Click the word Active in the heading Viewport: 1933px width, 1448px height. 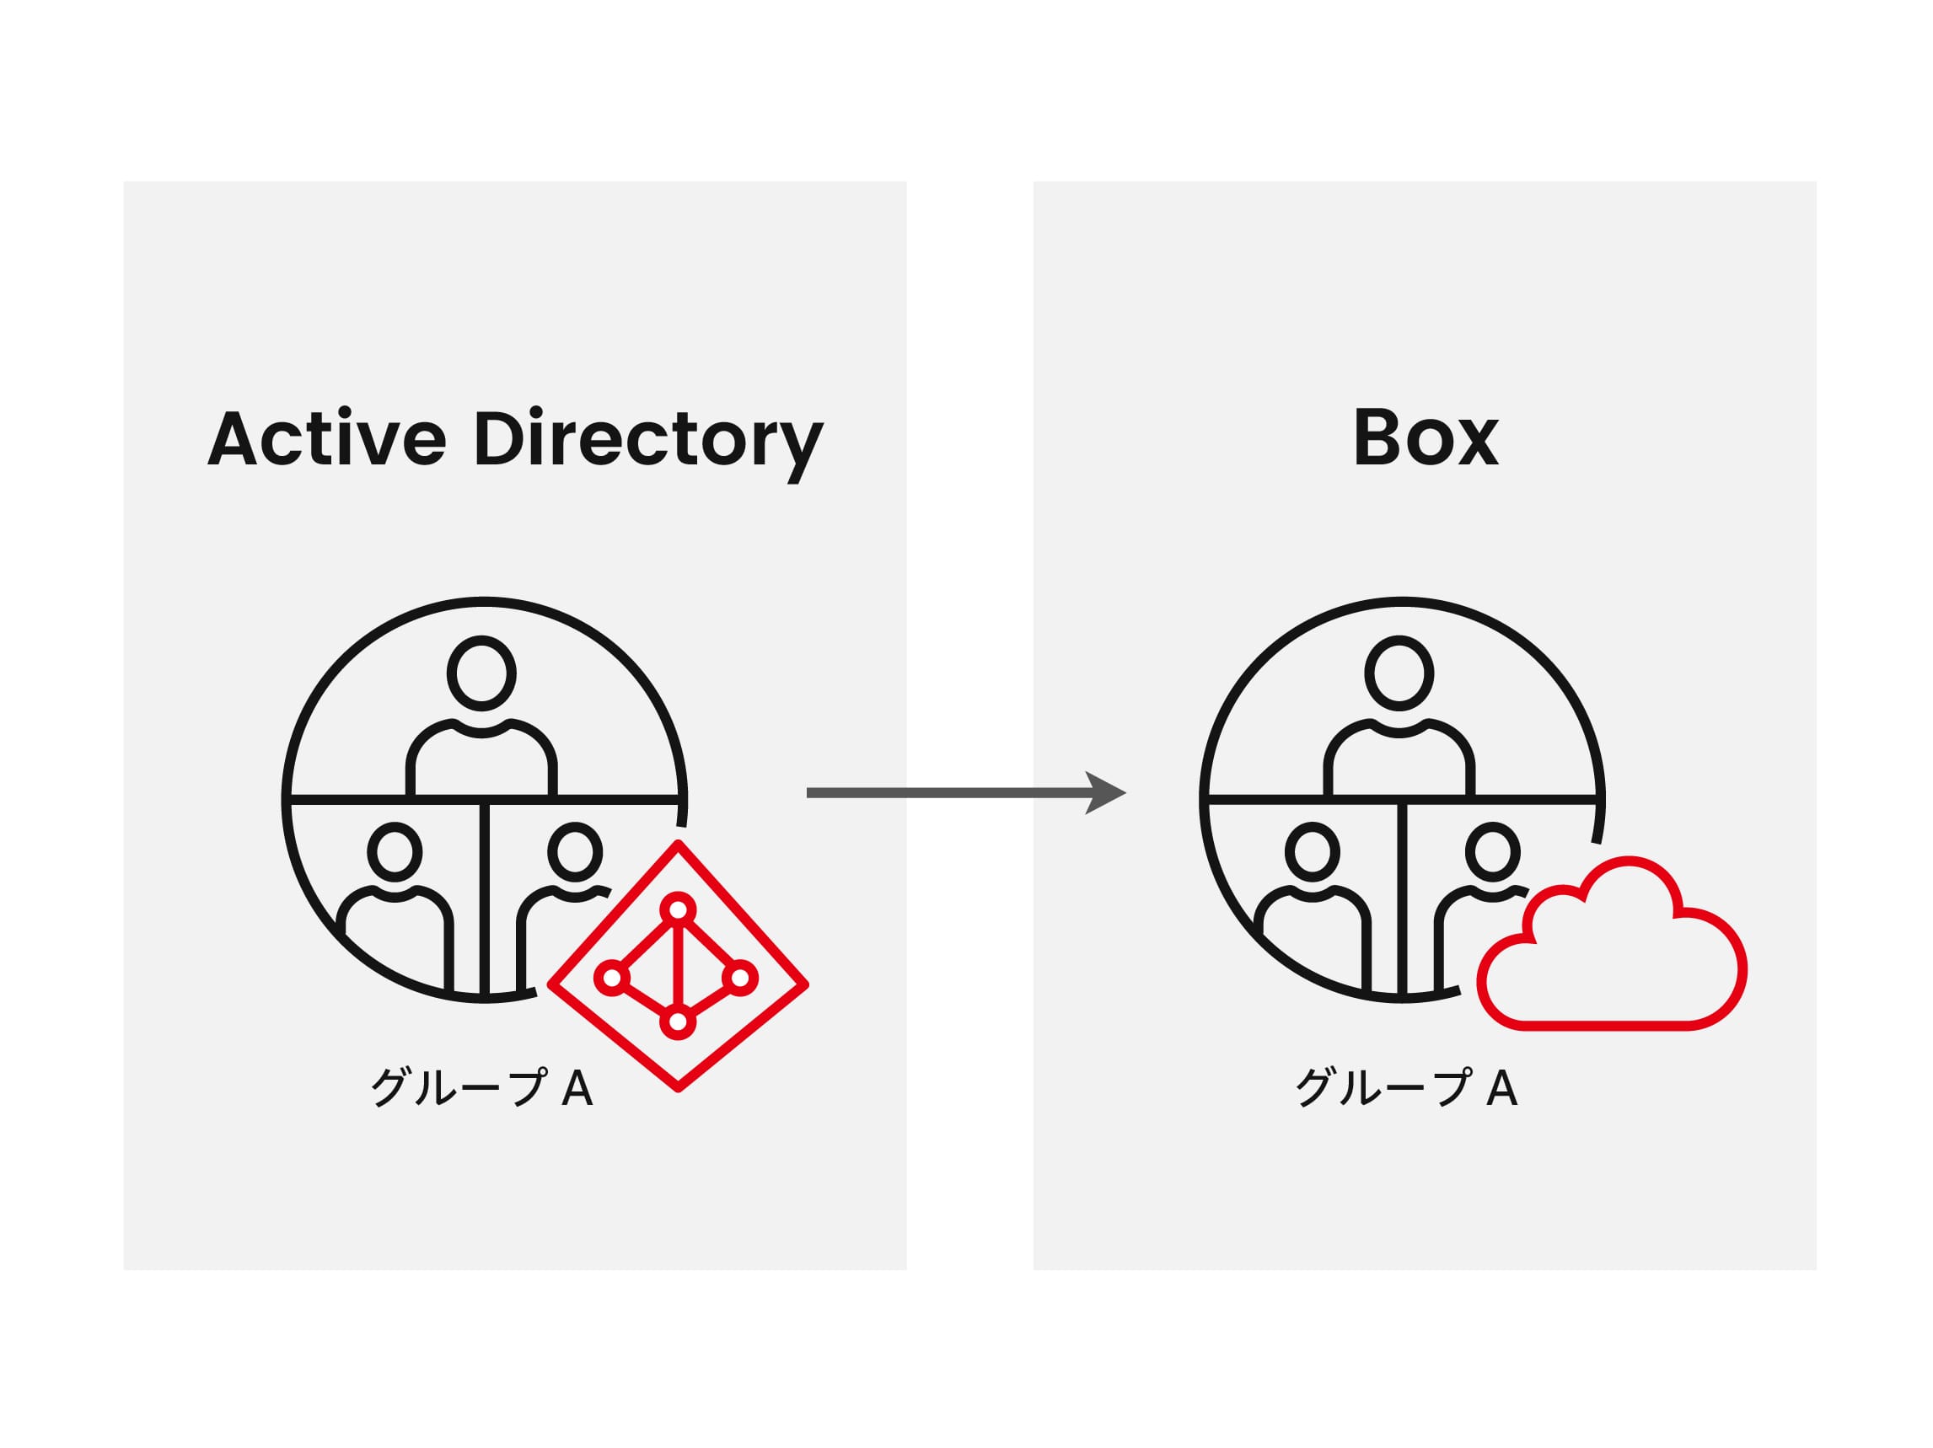pos(326,437)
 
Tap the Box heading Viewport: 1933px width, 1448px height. pos(1426,437)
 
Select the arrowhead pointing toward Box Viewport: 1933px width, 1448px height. pos(1103,792)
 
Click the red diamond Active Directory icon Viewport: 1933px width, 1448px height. pos(677,967)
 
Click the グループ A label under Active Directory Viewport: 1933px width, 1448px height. pos(481,1087)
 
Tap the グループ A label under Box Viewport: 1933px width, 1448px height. pos(1405,1087)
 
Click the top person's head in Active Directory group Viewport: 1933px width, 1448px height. pos(481,673)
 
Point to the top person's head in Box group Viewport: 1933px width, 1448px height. pos(1399,673)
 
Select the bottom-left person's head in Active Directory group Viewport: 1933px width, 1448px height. pos(395,851)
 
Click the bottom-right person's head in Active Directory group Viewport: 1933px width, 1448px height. pos(574,851)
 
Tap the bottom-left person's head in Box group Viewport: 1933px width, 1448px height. pos(1312,851)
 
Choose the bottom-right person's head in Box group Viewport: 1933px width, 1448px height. pos(1492,851)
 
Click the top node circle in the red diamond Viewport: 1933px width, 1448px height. pos(678,909)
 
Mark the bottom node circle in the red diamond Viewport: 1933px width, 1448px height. pos(677,1022)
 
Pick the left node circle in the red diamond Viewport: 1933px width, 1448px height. pos(612,977)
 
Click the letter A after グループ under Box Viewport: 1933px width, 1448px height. pos(1501,1087)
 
